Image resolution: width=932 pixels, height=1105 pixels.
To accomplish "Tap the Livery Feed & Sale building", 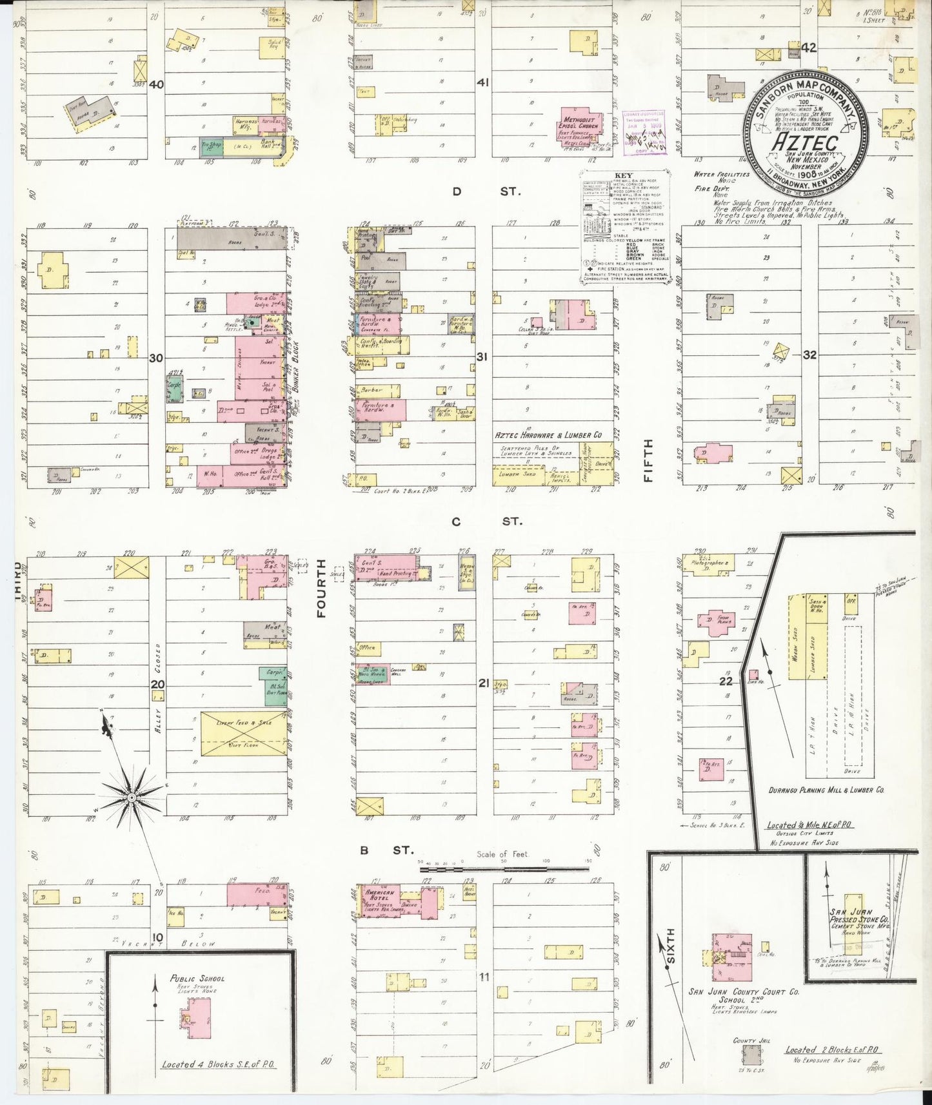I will click(244, 734).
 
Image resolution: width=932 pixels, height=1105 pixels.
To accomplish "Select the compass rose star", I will click(132, 797).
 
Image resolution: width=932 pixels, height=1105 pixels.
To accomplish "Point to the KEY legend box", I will click(624, 226).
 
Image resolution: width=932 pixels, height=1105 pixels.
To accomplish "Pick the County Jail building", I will click(751, 1055).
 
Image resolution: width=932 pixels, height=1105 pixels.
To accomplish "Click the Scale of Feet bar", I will click(503, 868).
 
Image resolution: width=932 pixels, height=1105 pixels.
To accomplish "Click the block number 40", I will click(156, 84).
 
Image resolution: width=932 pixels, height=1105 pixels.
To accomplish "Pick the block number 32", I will click(809, 355).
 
